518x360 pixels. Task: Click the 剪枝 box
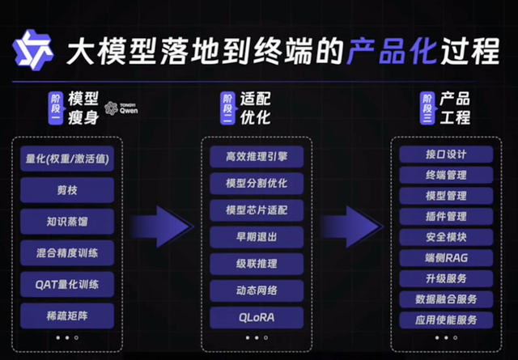click(67, 190)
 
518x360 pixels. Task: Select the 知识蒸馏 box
click(67, 222)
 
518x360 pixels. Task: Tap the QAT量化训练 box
click(67, 285)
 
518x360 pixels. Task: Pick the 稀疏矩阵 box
click(67, 316)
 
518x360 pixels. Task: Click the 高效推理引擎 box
click(257, 157)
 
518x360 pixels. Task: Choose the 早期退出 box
click(257, 237)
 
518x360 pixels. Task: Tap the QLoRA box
click(257, 317)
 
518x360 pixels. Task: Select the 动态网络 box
click(257, 290)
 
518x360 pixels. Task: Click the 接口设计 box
click(446, 155)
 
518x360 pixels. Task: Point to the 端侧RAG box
click(446, 257)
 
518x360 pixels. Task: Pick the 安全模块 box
click(446, 237)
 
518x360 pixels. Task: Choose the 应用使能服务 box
click(446, 320)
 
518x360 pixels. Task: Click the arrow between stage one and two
click(162, 227)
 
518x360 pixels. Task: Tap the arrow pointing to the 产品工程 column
click(352, 227)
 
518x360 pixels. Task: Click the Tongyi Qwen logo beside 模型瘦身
click(121, 108)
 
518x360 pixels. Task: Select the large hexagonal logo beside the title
click(33, 50)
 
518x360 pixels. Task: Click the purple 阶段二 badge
click(227, 108)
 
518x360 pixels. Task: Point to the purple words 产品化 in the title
click(392, 52)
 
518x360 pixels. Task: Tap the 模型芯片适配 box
click(257, 210)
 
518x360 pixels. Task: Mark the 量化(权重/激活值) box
click(67, 159)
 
